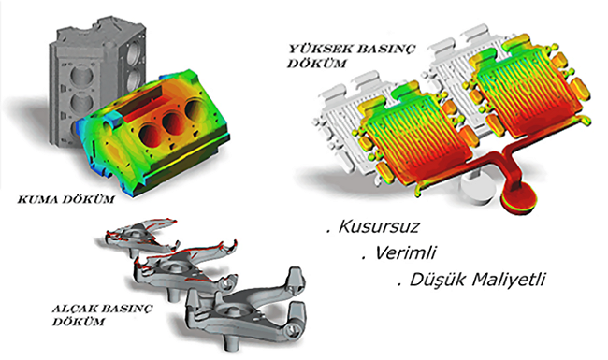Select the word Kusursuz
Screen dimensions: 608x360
coord(379,226)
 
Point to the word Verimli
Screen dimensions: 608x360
coord(405,253)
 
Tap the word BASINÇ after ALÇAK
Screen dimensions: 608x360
coord(126,310)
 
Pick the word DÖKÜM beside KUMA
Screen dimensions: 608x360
coord(89,200)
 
